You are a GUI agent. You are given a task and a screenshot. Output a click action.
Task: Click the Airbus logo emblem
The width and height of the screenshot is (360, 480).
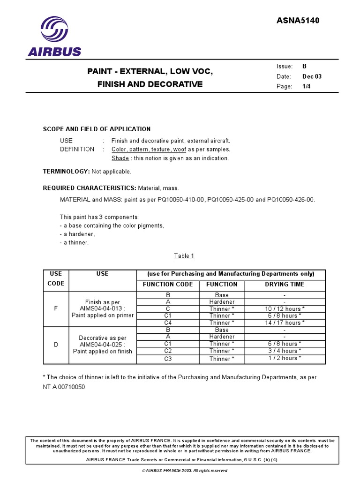pyautogui.click(x=54, y=30)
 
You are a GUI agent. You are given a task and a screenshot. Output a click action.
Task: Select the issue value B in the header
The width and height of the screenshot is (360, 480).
pyautogui.click(x=305, y=67)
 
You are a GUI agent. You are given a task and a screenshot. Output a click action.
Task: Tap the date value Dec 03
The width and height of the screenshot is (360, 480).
pyautogui.click(x=312, y=77)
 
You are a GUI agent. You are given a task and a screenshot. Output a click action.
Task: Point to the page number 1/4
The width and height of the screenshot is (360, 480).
pyautogui.click(x=307, y=87)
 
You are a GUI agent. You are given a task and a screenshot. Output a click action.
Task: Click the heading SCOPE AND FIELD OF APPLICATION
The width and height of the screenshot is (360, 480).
pyautogui.click(x=97, y=129)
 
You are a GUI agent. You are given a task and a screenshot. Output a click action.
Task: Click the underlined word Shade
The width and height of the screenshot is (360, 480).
pyautogui.click(x=120, y=158)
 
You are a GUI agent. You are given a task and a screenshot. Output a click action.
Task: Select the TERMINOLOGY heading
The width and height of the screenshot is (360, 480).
pyautogui.click(x=66, y=172)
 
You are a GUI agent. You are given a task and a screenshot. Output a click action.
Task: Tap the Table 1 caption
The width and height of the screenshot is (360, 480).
pyautogui.click(x=184, y=255)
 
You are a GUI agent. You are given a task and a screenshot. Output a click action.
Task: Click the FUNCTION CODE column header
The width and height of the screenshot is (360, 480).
pyautogui.click(x=168, y=285)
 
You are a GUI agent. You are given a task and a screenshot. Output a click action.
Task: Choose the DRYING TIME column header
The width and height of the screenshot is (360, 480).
pyautogui.click(x=284, y=285)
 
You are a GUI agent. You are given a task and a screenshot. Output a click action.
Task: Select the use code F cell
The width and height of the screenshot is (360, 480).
pyautogui.click(x=56, y=309)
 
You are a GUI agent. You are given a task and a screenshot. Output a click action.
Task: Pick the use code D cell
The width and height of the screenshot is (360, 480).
pyautogui.click(x=56, y=345)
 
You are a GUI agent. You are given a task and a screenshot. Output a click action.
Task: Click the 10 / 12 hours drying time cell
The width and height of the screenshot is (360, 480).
pyautogui.click(x=284, y=309)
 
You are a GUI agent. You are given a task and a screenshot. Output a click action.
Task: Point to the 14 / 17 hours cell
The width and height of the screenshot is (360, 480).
pyautogui.click(x=284, y=322)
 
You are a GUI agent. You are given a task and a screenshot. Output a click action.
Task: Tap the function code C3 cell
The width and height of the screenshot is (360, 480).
pyautogui.click(x=168, y=359)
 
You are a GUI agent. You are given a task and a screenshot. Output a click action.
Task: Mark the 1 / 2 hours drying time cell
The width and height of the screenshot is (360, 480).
pyautogui.click(x=284, y=358)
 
